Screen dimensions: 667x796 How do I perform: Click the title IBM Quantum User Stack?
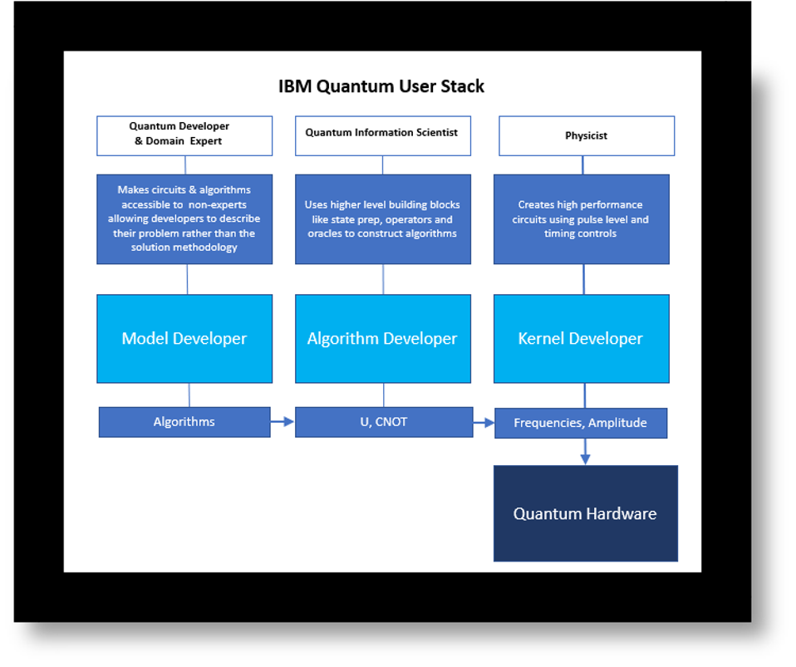pos(381,86)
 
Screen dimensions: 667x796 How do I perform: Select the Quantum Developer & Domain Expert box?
pos(184,135)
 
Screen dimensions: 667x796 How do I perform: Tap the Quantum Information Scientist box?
pos(382,135)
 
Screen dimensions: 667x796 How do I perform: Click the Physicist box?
pos(586,135)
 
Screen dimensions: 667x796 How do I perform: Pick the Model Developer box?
pos(184,339)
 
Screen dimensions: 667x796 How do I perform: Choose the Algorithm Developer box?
pos(382,339)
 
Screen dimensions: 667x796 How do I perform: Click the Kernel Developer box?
pos(581,339)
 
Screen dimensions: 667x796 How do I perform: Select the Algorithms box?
pos(184,422)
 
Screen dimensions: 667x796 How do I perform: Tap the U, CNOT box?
pos(383,422)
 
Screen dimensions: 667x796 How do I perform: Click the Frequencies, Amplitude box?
pos(580,423)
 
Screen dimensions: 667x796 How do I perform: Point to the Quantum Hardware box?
pos(585,513)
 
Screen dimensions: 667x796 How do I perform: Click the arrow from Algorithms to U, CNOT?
pos(283,422)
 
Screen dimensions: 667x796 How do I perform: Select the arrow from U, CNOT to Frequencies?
pos(484,423)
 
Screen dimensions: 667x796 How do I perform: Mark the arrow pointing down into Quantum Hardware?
pos(585,452)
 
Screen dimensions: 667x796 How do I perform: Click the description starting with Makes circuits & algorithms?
pos(184,219)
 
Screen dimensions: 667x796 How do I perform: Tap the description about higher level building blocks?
pos(382,219)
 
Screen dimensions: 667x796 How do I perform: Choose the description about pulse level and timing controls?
pos(581,219)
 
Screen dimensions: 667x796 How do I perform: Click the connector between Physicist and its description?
pos(582,165)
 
